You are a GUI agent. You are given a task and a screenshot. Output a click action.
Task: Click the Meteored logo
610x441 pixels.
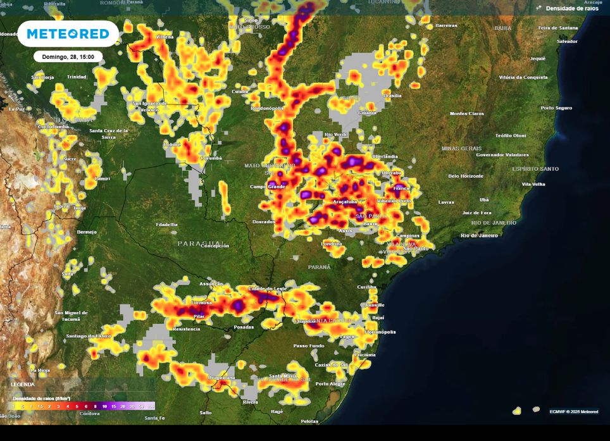click(68, 34)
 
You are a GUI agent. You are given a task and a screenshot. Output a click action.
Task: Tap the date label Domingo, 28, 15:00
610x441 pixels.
click(68, 57)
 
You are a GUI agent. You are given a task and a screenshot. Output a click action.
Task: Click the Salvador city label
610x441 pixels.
click(567, 42)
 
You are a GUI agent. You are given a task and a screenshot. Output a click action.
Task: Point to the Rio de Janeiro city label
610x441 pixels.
click(479, 235)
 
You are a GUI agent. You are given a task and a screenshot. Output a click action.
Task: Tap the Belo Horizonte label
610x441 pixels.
click(466, 176)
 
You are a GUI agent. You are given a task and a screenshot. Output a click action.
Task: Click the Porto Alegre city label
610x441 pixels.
click(330, 384)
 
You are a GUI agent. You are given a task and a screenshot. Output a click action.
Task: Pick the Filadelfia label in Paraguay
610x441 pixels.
click(167, 225)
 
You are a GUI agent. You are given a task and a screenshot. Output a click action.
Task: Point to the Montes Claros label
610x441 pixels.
click(467, 113)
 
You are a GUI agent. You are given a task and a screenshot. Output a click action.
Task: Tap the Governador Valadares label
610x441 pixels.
click(502, 154)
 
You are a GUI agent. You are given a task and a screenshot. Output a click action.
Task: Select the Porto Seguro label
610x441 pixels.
click(556, 108)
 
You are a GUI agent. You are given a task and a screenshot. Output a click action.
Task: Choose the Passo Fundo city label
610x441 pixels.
click(308, 346)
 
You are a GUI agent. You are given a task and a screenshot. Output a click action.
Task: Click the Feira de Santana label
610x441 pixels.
click(557, 28)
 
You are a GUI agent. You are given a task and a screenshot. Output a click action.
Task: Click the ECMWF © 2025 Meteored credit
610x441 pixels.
click(573, 411)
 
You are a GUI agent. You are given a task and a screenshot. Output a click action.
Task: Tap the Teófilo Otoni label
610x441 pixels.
click(511, 135)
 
